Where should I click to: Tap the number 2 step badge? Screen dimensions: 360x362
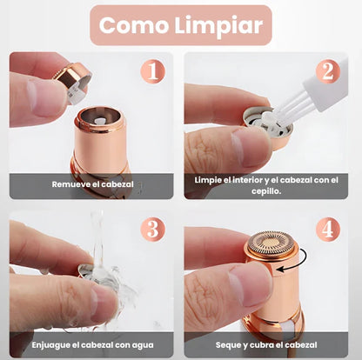coord(327,71)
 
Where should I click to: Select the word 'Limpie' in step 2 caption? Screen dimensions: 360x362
coord(210,179)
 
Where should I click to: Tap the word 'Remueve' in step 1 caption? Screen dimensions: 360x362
coord(70,184)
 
